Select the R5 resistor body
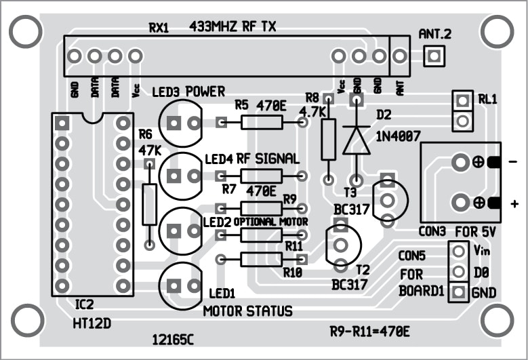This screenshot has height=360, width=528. [x=262, y=123]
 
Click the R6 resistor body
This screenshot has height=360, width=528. [x=150, y=204]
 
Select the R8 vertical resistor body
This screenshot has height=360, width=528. [x=329, y=139]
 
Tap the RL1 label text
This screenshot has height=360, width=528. [x=487, y=98]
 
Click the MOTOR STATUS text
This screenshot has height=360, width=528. [x=248, y=311]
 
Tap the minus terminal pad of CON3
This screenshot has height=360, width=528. [x=460, y=162]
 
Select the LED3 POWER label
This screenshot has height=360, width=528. [x=188, y=92]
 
